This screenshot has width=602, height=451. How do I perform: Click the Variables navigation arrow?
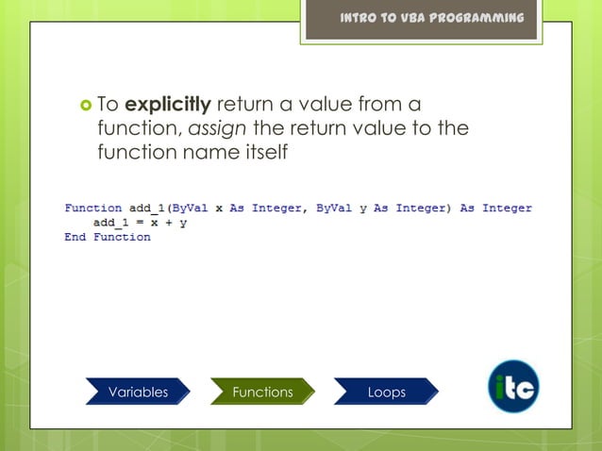click(138, 392)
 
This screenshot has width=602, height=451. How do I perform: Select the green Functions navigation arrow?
click(262, 392)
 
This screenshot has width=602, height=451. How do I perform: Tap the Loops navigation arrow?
click(386, 392)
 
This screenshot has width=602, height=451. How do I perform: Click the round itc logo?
click(513, 387)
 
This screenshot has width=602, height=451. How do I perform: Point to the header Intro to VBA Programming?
click(432, 18)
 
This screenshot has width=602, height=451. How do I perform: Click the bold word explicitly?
click(168, 104)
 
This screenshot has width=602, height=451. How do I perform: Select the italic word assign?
click(225, 127)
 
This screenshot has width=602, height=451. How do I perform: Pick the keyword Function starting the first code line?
click(92, 208)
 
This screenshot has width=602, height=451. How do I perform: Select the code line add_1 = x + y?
click(139, 223)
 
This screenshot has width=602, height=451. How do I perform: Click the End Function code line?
click(107, 237)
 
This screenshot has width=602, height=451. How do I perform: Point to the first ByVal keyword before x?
click(190, 208)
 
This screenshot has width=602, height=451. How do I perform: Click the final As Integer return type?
click(495, 208)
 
